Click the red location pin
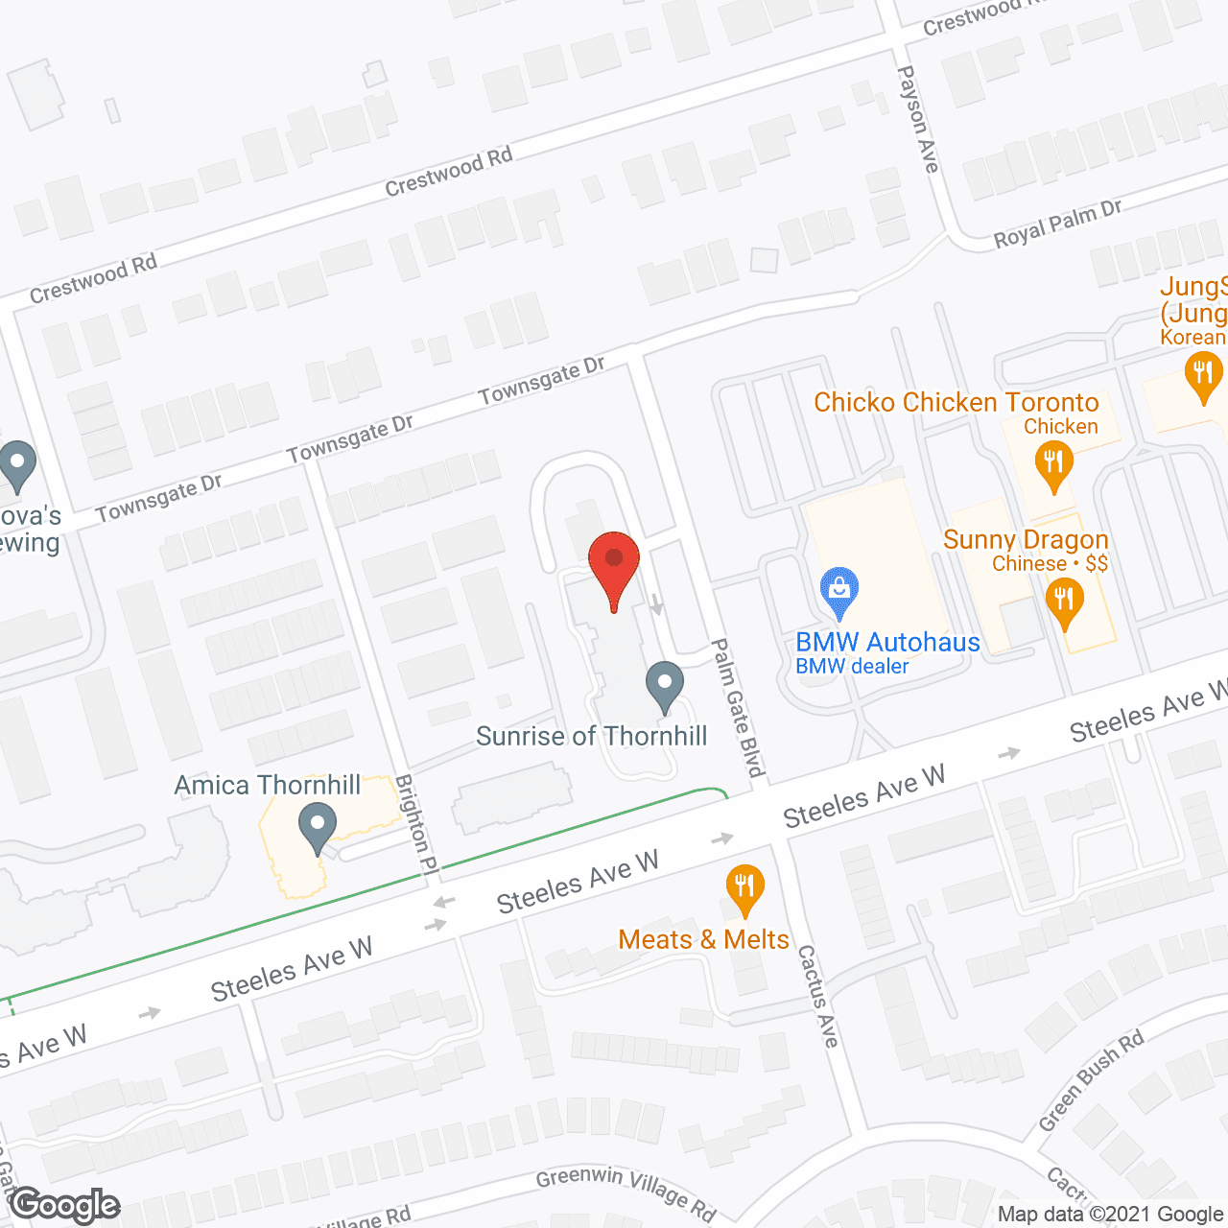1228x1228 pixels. [613, 566]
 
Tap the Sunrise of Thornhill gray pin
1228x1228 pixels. [664, 685]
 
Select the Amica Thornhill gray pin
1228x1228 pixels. [317, 826]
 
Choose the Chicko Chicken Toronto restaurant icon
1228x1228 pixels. [1053, 464]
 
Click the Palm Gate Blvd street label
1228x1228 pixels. [738, 708]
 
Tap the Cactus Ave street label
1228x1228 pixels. [817, 996]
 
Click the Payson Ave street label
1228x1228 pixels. [917, 119]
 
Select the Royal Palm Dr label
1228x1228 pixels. [1057, 224]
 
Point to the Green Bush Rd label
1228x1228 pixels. [1092, 1080]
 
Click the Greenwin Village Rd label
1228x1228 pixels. [626, 1193]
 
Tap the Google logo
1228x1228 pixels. [65, 1205]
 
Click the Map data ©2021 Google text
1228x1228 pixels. [1111, 1215]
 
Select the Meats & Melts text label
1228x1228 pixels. [703, 939]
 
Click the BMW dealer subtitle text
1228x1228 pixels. [852, 666]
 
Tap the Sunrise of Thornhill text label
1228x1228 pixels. [591, 736]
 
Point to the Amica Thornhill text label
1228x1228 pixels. [268, 785]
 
